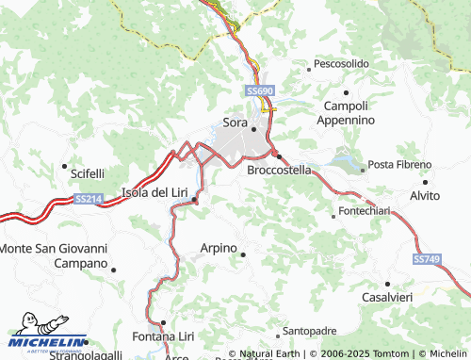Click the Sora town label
235,122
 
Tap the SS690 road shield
260,90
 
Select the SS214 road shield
88,199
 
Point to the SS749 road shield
425,258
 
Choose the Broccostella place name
279,171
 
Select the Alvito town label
425,195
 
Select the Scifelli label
88,173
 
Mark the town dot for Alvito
426,181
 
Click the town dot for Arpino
244,254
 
